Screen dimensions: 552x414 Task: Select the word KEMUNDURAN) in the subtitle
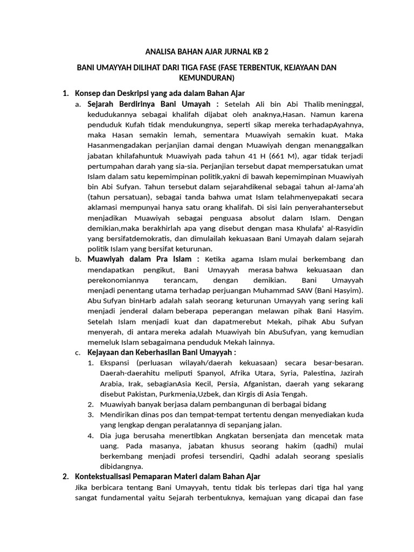point(207,78)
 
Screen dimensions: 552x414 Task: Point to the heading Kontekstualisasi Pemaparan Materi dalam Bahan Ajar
point(167,477)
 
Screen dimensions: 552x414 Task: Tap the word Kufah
point(132,125)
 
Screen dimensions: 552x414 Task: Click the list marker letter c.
point(78,353)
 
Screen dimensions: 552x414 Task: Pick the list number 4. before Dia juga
point(91,436)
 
